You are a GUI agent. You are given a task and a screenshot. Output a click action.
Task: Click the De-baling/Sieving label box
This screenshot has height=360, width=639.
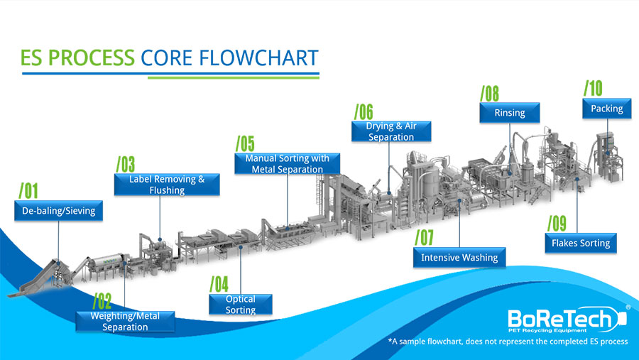58,211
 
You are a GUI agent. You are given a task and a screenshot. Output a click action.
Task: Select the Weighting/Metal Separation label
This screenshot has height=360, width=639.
125,321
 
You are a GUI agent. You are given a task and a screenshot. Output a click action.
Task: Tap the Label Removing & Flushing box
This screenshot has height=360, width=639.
167,185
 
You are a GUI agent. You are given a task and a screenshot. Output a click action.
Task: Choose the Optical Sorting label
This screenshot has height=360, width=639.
241,304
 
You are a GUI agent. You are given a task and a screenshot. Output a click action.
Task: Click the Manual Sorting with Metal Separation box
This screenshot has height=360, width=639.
288,163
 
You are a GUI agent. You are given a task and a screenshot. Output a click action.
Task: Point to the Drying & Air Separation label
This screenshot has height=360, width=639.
391,131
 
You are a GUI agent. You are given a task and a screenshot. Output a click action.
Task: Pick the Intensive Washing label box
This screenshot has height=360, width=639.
459,257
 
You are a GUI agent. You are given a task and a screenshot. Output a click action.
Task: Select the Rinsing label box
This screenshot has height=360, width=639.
509,112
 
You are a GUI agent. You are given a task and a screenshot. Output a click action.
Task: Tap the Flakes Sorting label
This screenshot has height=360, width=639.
581,243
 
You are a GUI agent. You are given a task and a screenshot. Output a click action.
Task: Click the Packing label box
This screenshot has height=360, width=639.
607,109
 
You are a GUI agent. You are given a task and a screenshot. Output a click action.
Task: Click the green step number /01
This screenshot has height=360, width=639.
28,190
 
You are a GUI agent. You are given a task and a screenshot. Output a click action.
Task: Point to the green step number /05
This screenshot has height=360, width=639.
245,143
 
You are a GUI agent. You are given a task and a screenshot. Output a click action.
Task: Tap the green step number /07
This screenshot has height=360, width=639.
425,237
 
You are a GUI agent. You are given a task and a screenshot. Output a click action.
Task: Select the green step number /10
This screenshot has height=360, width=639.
593,88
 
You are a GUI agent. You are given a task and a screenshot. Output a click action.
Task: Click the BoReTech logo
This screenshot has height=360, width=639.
568,320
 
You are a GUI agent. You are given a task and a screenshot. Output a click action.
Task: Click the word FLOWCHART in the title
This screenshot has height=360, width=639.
258,58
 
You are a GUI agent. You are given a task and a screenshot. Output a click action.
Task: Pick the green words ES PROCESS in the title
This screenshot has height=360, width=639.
77,58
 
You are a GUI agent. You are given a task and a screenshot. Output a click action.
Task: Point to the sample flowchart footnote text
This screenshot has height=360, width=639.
508,342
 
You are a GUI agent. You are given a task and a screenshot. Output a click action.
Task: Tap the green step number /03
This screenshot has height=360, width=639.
126,164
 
